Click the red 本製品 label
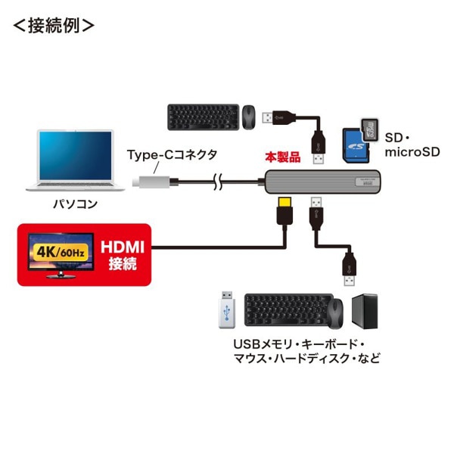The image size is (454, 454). tap(281, 158)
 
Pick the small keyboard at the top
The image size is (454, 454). tap(199, 116)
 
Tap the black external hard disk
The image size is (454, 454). tap(368, 310)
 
